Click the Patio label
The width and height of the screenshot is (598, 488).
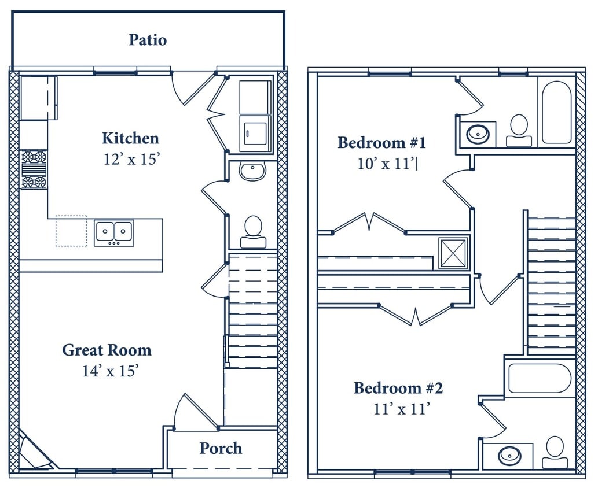click(x=148, y=40)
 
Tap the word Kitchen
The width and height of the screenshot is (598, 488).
click(x=130, y=139)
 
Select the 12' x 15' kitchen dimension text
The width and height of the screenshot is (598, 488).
click(x=130, y=160)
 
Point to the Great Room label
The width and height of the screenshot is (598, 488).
click(x=107, y=350)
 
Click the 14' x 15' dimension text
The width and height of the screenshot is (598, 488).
click(x=110, y=371)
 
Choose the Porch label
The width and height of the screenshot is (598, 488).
click(x=221, y=449)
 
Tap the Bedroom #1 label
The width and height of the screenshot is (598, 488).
click(x=382, y=143)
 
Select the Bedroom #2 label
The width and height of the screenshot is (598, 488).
click(x=398, y=388)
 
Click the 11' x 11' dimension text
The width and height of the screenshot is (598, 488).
click(x=402, y=409)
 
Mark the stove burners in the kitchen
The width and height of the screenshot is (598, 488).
click(x=34, y=169)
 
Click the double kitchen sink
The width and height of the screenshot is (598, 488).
click(x=114, y=232)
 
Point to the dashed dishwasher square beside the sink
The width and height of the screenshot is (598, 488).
click(x=71, y=231)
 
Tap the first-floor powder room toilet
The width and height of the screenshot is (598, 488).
click(x=253, y=231)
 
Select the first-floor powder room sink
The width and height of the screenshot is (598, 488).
click(x=252, y=171)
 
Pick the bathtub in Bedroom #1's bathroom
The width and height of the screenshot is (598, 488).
click(x=556, y=112)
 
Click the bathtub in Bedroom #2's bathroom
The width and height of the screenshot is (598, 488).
click(x=540, y=379)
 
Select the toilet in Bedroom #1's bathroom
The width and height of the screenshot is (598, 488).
click(x=519, y=131)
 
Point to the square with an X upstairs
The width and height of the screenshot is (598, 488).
click(x=453, y=253)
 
